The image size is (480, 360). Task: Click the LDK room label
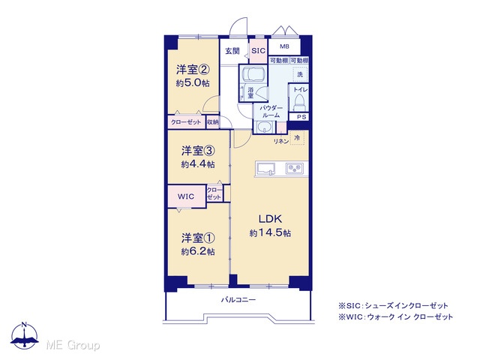pos(270,219)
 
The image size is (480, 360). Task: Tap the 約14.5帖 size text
pos(270,233)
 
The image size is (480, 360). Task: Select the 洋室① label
pos(198,238)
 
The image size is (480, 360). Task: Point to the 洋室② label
pos(193,70)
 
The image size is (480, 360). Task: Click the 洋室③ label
pos(198,151)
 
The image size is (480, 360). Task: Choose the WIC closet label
pos(186,196)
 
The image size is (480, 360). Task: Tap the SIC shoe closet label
pos(258,51)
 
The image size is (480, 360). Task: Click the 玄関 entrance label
pos(232,51)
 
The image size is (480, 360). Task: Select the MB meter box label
pos(284,46)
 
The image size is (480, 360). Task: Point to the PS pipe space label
pos(301,117)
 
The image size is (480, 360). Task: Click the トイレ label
pos(300,90)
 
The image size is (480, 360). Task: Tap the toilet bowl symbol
pos(298,103)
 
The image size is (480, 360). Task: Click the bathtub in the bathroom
pos(252,73)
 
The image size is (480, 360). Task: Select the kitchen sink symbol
pos(265,169)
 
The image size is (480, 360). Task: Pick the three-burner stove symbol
pos(295,168)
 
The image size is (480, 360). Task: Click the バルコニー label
pos(238,299)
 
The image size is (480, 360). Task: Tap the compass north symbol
pos(25,335)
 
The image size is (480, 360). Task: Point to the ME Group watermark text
pos(73,345)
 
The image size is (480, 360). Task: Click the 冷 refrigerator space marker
pos(297,138)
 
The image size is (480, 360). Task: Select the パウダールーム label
pos(271,112)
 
